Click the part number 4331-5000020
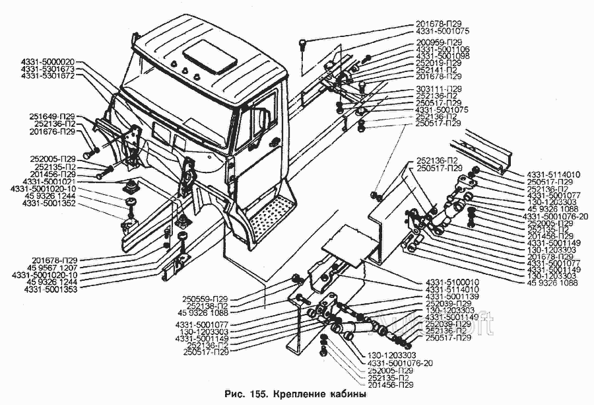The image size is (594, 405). coord(48,61)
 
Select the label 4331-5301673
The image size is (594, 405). coord(48,69)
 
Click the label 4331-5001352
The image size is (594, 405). coord(49,203)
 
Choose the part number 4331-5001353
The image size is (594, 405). coord(49,289)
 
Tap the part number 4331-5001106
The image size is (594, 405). coord(444,50)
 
